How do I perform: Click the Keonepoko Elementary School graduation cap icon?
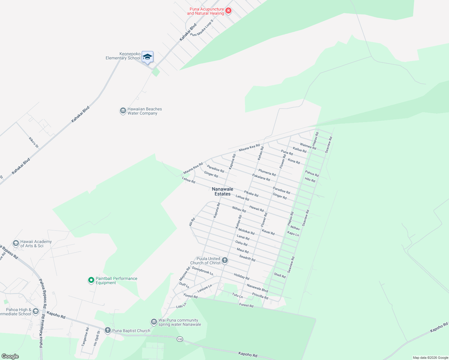point(147,57)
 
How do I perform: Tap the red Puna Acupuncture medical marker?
point(228,11)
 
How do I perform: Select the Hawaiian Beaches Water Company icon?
point(123,111)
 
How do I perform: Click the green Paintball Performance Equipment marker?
point(91,280)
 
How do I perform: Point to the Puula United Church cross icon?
point(225,260)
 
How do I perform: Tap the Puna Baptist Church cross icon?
point(107,330)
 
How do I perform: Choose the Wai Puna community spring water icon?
point(154,322)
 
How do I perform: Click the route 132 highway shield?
point(180,339)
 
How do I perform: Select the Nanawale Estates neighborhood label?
point(222,191)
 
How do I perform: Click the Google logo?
point(10,356)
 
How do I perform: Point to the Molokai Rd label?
point(246,231)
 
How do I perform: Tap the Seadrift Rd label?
point(247,258)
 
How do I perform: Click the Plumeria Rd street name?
point(267,172)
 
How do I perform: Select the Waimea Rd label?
point(308,146)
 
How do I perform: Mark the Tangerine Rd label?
point(85,337)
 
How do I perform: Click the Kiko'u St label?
point(34,142)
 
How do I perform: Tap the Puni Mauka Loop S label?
point(202,28)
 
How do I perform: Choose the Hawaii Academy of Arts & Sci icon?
point(16,243)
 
